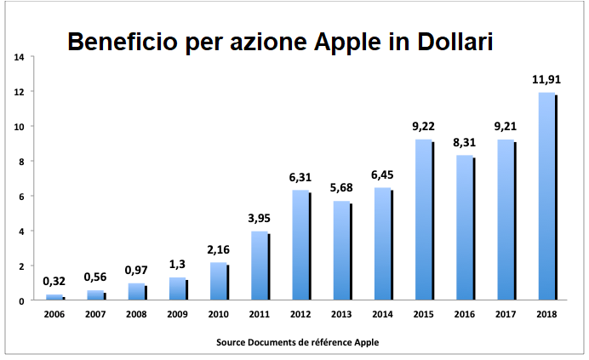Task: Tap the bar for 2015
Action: click(423, 220)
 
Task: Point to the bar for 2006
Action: click(54, 297)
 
